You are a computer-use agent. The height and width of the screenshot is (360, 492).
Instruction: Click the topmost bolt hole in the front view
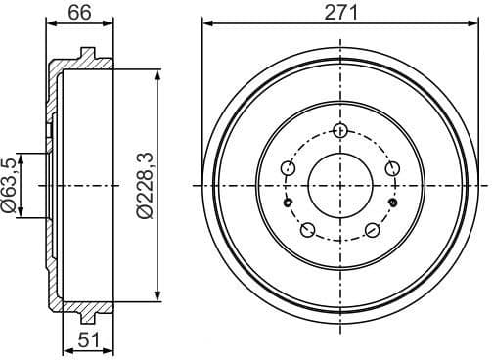coord(339,131)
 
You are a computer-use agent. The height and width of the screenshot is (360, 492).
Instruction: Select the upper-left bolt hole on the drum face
coord(287,169)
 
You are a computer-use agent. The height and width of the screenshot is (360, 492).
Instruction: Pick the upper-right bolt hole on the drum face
coord(392,169)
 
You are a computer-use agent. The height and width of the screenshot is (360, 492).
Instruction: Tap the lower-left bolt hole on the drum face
coord(307,231)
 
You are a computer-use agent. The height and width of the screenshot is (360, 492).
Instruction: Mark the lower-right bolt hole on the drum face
coord(373,231)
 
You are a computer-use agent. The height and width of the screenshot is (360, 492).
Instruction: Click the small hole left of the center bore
coord(289,202)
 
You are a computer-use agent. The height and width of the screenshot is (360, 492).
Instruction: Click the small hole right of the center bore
coord(391,202)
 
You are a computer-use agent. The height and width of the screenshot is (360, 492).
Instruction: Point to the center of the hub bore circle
coord(339,186)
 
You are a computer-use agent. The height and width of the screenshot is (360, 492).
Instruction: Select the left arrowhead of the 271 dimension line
coord(205,24)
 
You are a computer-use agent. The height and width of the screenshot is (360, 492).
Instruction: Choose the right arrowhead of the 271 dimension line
coord(475,24)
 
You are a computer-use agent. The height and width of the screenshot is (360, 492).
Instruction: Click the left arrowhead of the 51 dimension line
coord(65,350)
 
